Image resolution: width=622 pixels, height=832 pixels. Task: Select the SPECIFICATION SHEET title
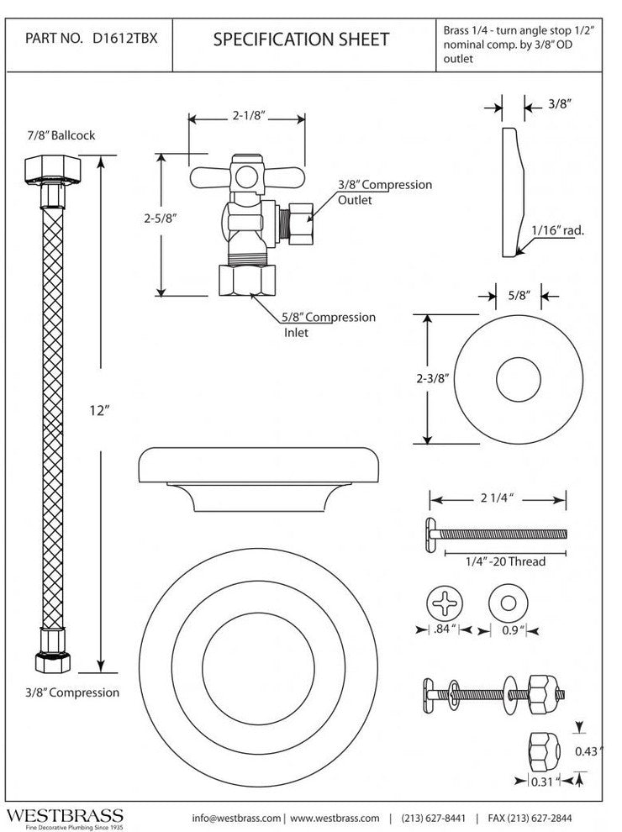301,39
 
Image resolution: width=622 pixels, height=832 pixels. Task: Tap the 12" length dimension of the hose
100,411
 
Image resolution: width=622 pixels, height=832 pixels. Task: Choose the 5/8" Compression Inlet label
329,324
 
